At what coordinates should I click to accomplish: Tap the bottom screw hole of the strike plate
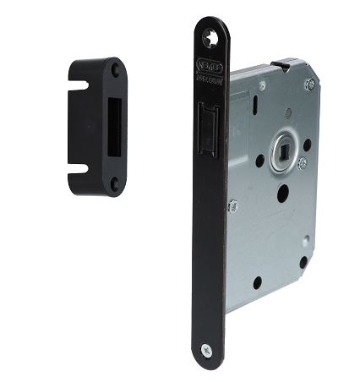pyautogui.click(x=114, y=180)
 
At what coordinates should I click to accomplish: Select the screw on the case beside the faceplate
pyautogui.click(x=232, y=205)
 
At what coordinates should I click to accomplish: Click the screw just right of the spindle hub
pyautogui.click(x=302, y=161)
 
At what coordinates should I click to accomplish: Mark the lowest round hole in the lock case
pyautogui.click(x=257, y=282)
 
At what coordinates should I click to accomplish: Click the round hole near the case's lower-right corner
pyautogui.click(x=303, y=262)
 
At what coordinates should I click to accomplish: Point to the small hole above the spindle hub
pyautogui.click(x=288, y=113)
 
